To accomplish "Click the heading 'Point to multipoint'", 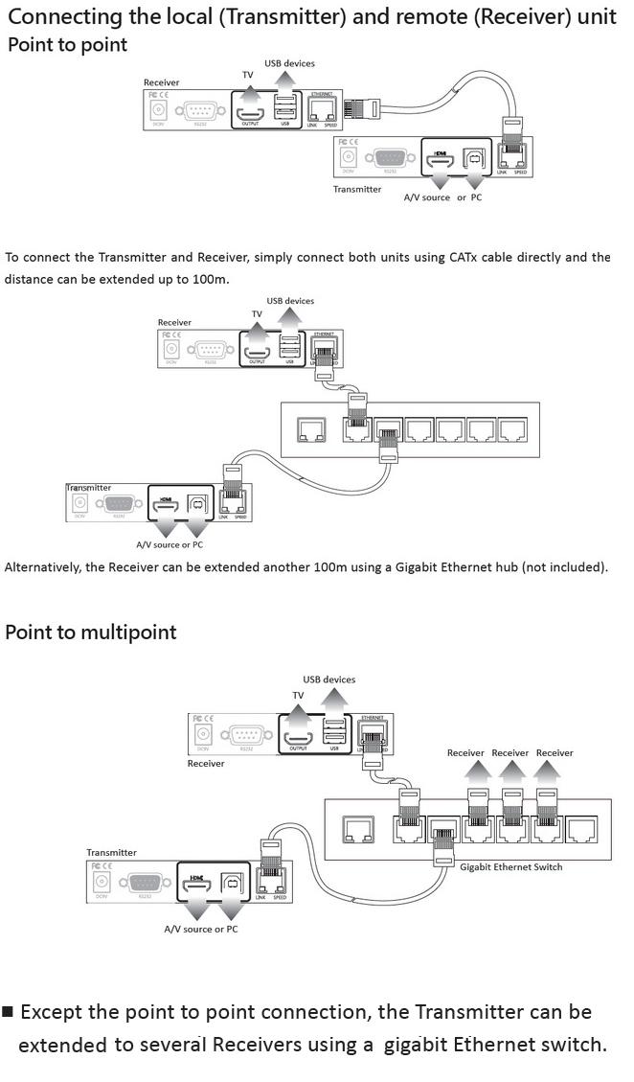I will pyautogui.click(x=91, y=633).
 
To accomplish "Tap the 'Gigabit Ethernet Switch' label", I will pyautogui.click(x=510, y=867).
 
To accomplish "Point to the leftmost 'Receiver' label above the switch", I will pyautogui.click(x=465, y=753).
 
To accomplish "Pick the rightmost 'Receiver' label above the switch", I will pyautogui.click(x=554, y=753).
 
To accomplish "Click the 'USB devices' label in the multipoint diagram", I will pyautogui.click(x=328, y=679).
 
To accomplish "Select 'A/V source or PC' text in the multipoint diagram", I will pyautogui.click(x=201, y=930).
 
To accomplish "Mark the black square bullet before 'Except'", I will pyautogui.click(x=9, y=1012).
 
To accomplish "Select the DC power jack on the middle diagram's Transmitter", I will pyautogui.click(x=79, y=502).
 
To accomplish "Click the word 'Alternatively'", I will pyautogui.click(x=42, y=566).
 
